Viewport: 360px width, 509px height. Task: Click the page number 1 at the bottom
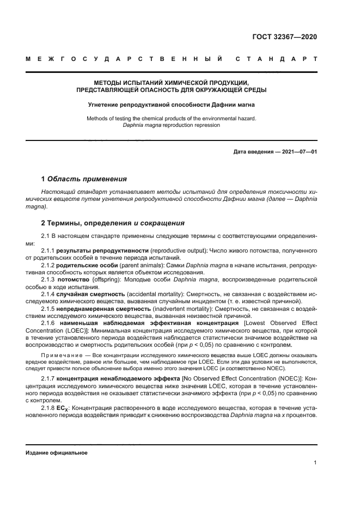315,463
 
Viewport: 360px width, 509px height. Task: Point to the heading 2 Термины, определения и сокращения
113,223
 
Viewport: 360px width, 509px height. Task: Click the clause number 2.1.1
48,250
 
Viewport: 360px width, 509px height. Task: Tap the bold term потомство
75,279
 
